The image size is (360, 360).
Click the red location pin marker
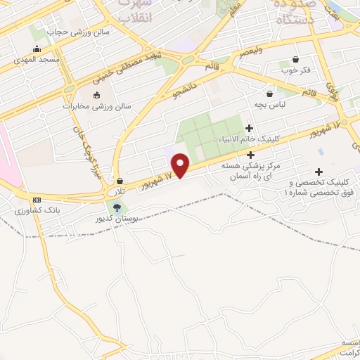[x=181, y=165]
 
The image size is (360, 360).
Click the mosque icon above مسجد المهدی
[x=37, y=49]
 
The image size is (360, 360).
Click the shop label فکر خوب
[x=295, y=70]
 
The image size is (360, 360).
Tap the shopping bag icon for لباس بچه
[x=269, y=93]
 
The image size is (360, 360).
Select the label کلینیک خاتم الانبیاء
[x=249, y=139]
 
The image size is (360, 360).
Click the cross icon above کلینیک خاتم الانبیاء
[x=249, y=128]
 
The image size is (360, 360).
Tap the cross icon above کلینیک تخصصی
[x=319, y=171]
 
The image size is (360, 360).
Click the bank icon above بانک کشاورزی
[x=37, y=200]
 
